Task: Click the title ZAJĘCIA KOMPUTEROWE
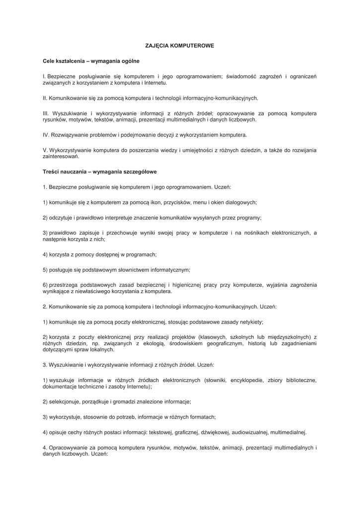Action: pos(180,46)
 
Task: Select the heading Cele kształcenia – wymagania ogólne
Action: pos(91,61)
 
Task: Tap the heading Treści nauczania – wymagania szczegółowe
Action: pos(100,172)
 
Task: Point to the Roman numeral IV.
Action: pos(46,134)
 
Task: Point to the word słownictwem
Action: pos(131,270)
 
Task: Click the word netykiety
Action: pos(250,322)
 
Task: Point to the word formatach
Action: pos(203,417)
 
